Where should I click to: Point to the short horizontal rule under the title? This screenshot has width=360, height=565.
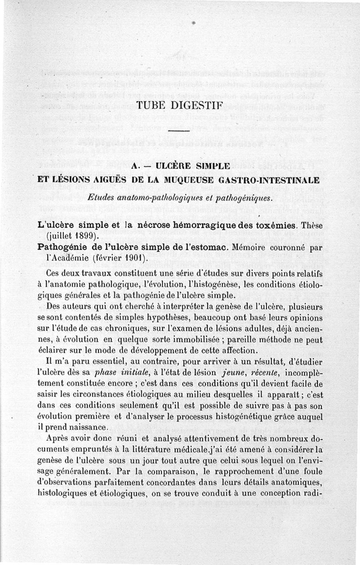[180, 131]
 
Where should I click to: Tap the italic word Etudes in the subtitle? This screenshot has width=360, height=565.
[102, 197]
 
